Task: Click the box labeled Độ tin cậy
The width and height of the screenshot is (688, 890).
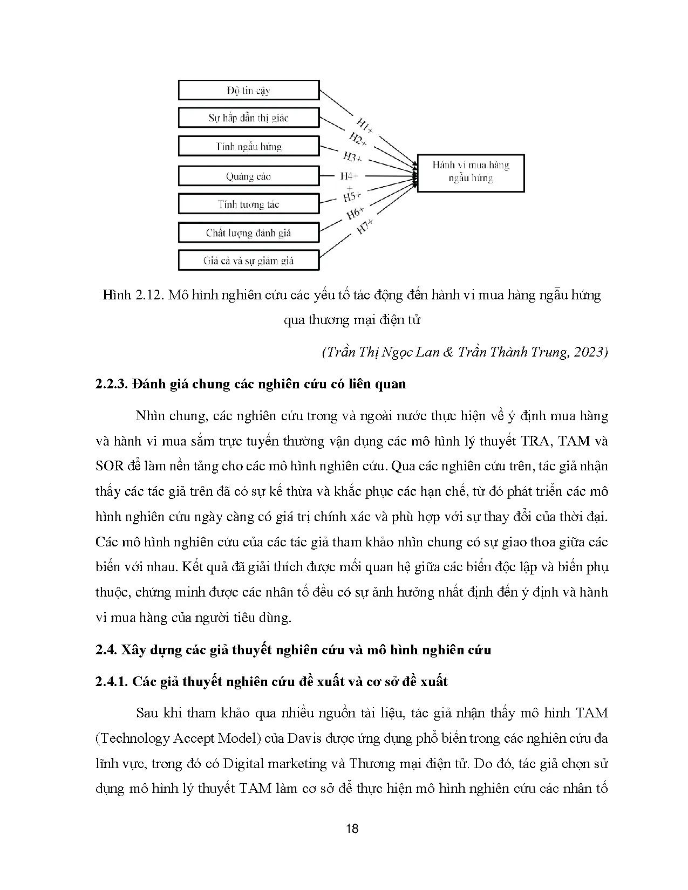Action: (248, 90)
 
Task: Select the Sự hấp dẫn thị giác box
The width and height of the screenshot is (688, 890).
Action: (248, 118)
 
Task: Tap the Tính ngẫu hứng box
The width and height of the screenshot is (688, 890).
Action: (248, 147)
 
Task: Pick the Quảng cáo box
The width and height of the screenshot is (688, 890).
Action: (248, 176)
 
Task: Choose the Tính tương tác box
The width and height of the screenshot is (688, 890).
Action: (248, 204)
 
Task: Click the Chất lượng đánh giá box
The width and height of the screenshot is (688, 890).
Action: (248, 233)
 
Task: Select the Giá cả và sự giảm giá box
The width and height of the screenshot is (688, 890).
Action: (248, 261)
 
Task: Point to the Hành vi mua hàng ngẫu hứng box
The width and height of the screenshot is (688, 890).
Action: (471, 173)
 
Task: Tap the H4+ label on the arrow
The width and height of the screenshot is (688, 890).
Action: (349, 176)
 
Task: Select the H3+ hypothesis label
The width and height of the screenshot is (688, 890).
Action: (352, 158)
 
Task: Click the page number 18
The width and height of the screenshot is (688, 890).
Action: (351, 829)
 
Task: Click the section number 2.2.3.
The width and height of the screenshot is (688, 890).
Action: (111, 384)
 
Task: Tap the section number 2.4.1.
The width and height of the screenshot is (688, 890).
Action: (111, 681)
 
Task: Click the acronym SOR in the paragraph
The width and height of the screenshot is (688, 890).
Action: (110, 466)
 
